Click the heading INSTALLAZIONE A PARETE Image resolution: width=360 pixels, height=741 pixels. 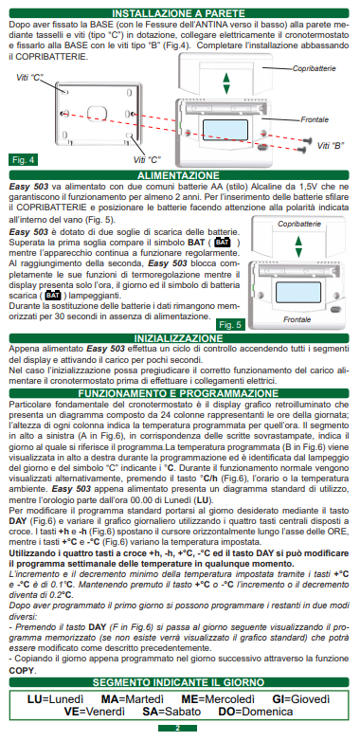[x=179, y=13]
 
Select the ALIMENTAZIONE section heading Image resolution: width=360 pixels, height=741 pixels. [x=179, y=176]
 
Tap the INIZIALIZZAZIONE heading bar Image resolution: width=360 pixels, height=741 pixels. [x=179, y=338]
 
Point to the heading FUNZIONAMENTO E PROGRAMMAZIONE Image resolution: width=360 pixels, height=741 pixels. [x=179, y=393]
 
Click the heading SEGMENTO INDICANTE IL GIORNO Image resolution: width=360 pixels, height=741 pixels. [x=179, y=682]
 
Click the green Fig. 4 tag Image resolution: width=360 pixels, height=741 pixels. [x=23, y=160]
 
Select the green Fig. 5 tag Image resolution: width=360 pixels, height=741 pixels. [x=230, y=325]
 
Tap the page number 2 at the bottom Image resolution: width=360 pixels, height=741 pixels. [x=178, y=729]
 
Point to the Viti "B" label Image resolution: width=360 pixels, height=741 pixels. [x=331, y=146]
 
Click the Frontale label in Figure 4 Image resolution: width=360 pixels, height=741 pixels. [x=315, y=119]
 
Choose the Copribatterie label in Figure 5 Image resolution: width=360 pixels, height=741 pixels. [x=299, y=224]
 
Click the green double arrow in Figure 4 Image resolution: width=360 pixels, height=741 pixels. [x=226, y=83]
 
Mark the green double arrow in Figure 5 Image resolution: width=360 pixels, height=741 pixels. [x=298, y=246]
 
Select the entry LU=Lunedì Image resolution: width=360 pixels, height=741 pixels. [x=56, y=699]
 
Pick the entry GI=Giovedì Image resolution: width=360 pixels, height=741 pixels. [x=301, y=699]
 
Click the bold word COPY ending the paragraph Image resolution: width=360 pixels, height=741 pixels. [x=22, y=671]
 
